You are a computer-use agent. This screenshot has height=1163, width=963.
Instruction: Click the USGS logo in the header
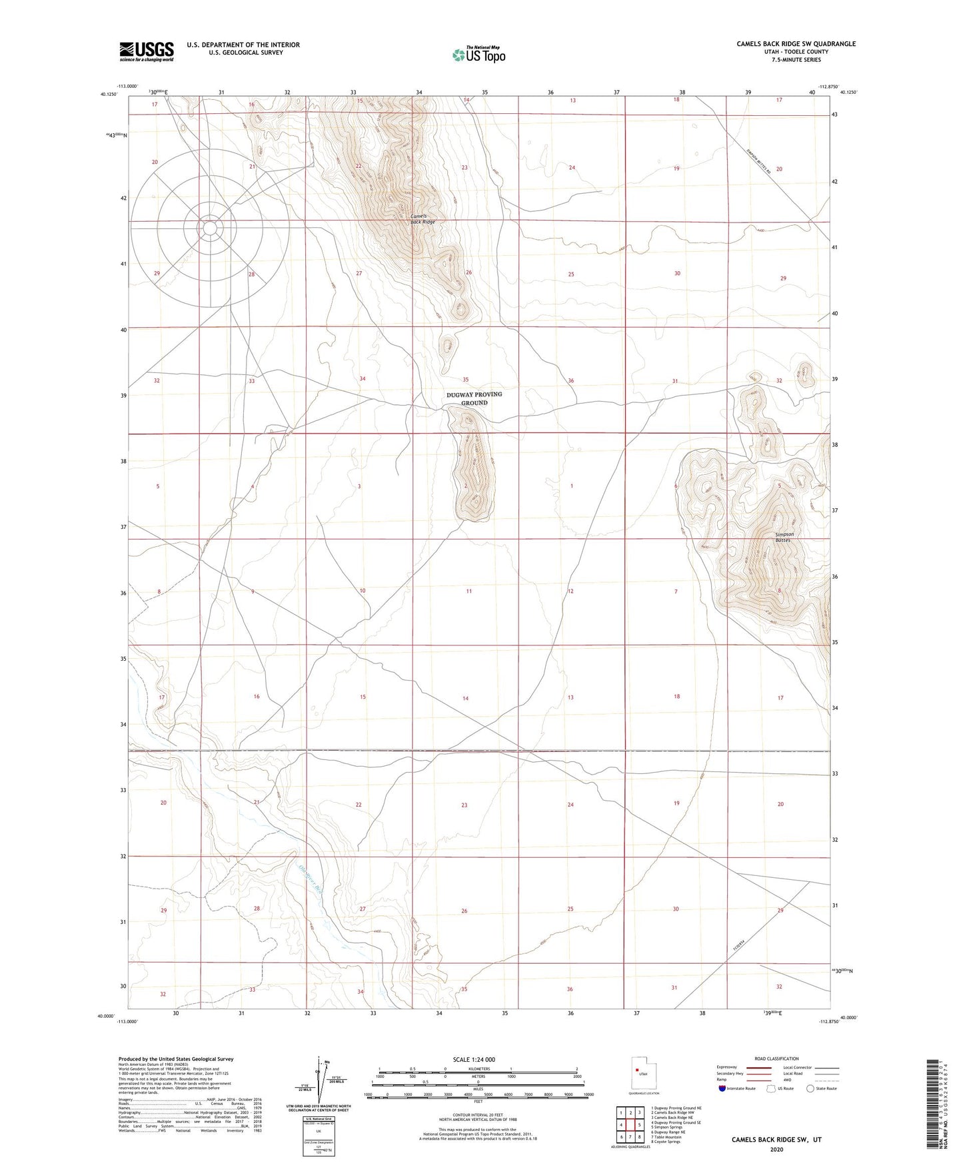(x=146, y=51)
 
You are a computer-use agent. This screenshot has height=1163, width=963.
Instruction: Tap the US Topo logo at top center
(x=479, y=55)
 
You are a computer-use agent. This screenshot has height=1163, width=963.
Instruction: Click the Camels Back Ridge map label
(x=423, y=218)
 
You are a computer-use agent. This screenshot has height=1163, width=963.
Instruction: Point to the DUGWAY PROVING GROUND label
(x=474, y=398)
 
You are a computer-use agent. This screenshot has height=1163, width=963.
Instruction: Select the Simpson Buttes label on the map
(x=783, y=537)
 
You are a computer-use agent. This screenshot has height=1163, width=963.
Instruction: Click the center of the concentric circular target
(x=210, y=228)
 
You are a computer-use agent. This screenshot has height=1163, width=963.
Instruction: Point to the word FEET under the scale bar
(x=477, y=1102)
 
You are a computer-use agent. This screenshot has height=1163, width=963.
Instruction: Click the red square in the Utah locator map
(x=637, y=1070)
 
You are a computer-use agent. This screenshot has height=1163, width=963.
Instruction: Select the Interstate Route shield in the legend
(x=723, y=1088)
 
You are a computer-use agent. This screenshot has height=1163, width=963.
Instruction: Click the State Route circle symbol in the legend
(x=810, y=1088)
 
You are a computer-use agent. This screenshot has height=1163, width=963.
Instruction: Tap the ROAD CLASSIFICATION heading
(x=776, y=1058)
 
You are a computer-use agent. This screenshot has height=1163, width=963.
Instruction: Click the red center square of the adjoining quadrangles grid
(x=630, y=1125)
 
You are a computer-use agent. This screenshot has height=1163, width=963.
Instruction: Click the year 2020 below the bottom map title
(x=776, y=1149)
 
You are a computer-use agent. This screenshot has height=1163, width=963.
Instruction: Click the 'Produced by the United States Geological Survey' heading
(x=176, y=1058)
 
